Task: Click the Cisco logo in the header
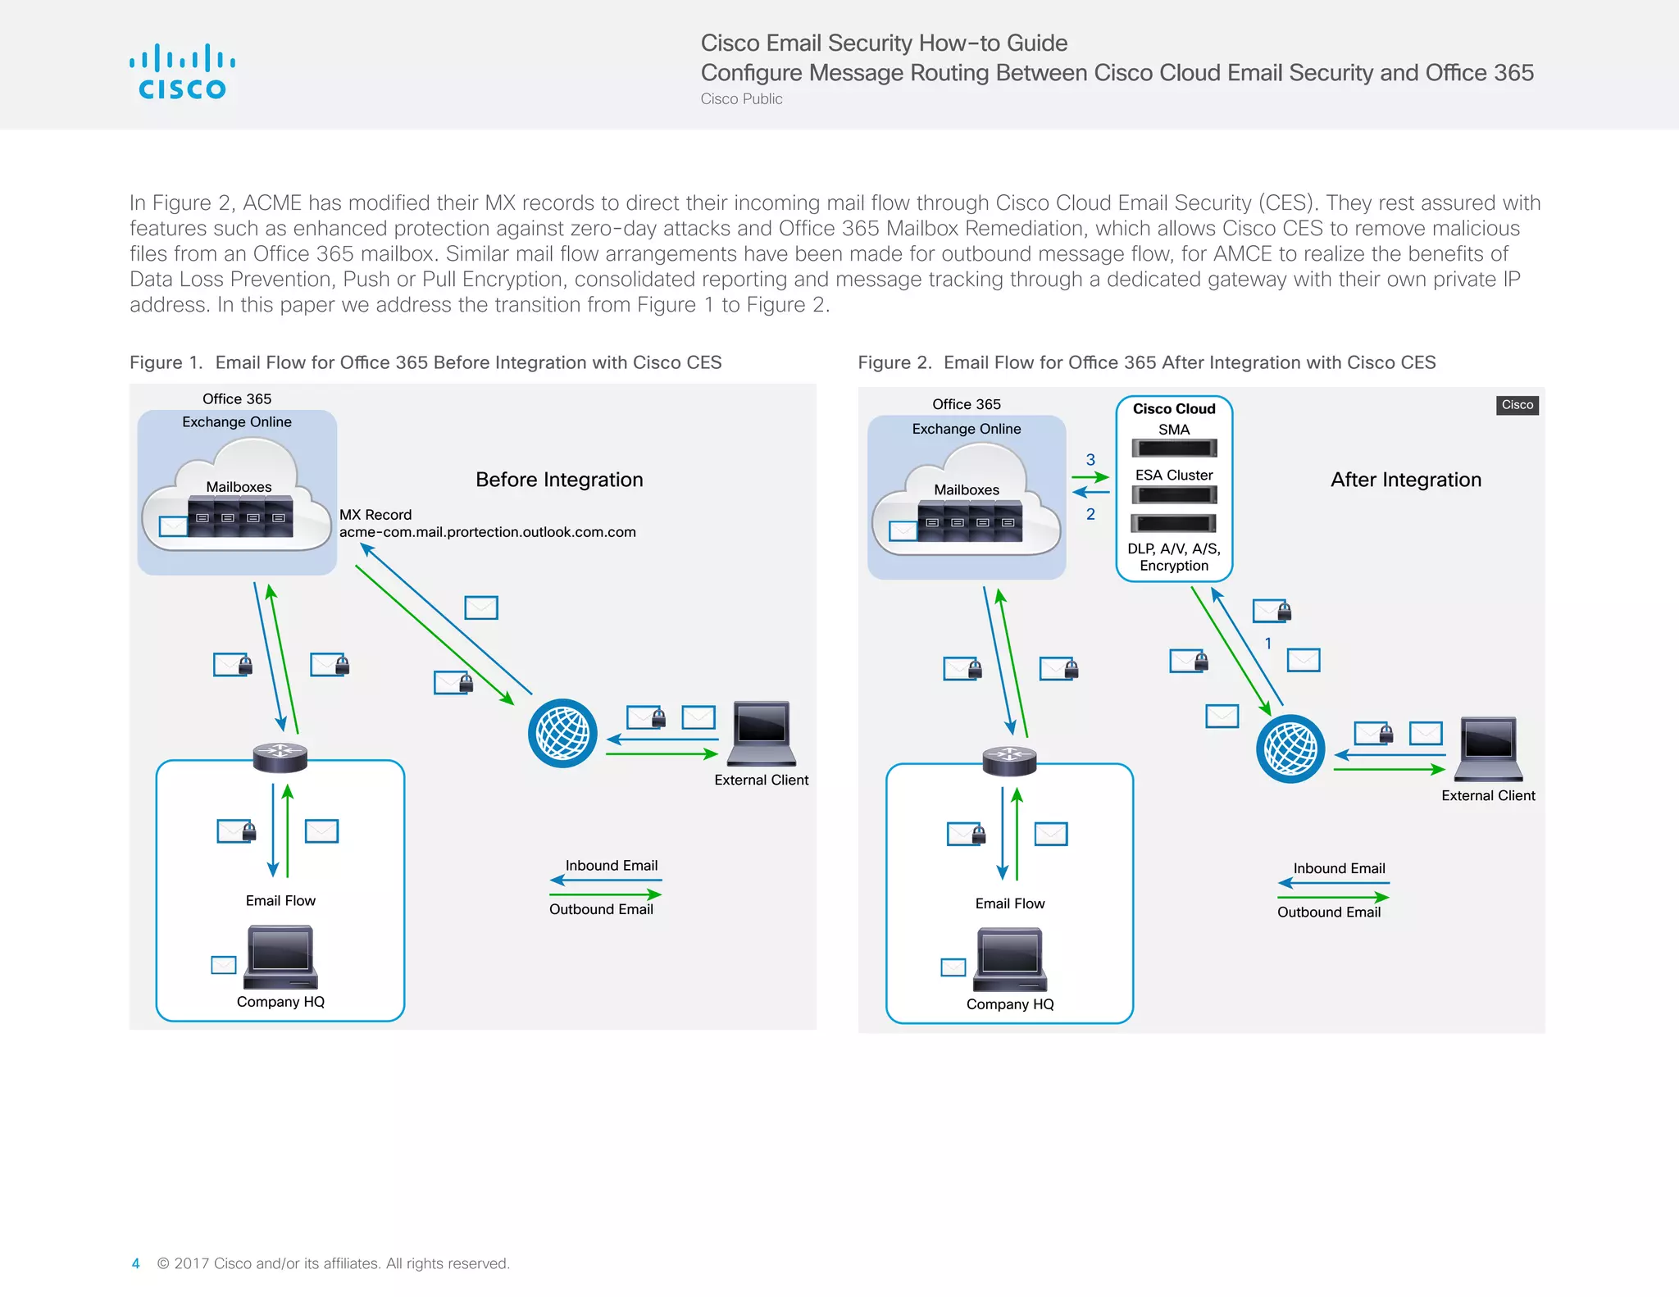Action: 182,73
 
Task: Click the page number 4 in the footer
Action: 135,1263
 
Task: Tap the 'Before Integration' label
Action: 559,480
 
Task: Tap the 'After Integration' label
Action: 1405,480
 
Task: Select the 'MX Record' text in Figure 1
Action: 375,515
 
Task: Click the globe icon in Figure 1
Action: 562,733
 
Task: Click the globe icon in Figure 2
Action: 1290,749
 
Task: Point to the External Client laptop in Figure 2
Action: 1489,748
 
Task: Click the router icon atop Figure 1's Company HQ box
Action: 280,757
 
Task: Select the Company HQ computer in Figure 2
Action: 1010,959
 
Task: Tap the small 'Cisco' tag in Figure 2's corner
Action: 1517,405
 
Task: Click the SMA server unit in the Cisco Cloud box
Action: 1174,448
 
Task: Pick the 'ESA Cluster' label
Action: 1174,476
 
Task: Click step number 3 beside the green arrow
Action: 1090,460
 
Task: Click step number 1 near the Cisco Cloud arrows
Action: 1268,644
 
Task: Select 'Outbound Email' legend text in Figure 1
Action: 601,909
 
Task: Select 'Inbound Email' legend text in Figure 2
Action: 1339,868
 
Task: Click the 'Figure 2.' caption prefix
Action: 894,362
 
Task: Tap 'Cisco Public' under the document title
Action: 741,99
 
